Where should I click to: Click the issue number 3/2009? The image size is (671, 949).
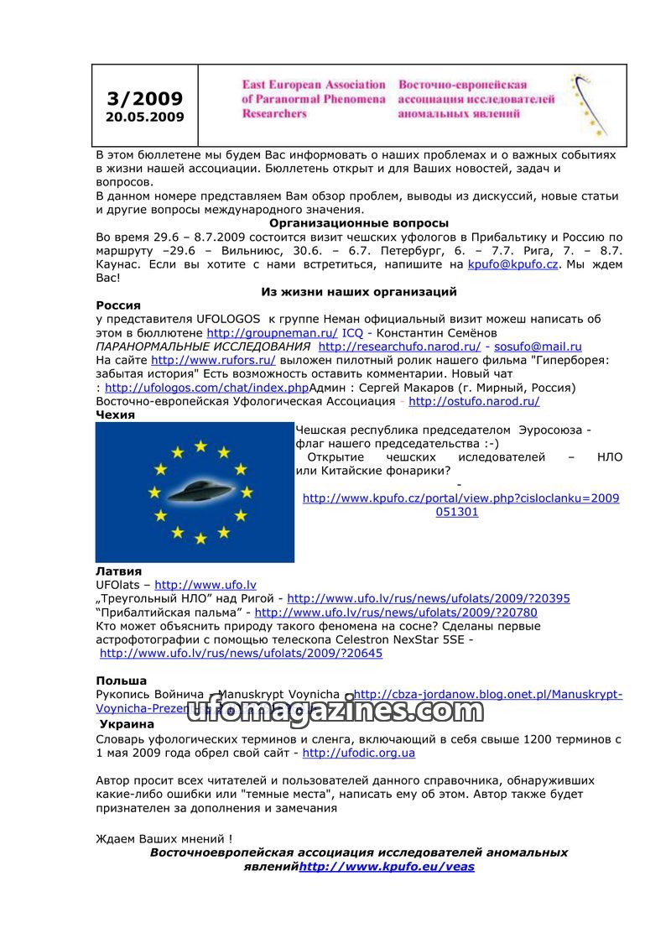144,99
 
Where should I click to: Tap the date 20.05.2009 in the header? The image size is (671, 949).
144,117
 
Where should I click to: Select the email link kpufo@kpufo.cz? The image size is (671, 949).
513,264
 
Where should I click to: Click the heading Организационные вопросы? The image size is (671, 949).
359,223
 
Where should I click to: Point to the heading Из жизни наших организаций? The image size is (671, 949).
359,292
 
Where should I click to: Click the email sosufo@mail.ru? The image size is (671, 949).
538,347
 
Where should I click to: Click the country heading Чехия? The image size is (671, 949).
115,415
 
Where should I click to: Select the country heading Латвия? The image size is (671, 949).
118,571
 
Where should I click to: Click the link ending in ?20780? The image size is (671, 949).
396,613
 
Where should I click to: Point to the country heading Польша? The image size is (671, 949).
122,680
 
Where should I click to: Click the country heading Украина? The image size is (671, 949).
127,724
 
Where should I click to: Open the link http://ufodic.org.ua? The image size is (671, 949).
359,753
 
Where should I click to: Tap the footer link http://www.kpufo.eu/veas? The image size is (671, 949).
387,867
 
